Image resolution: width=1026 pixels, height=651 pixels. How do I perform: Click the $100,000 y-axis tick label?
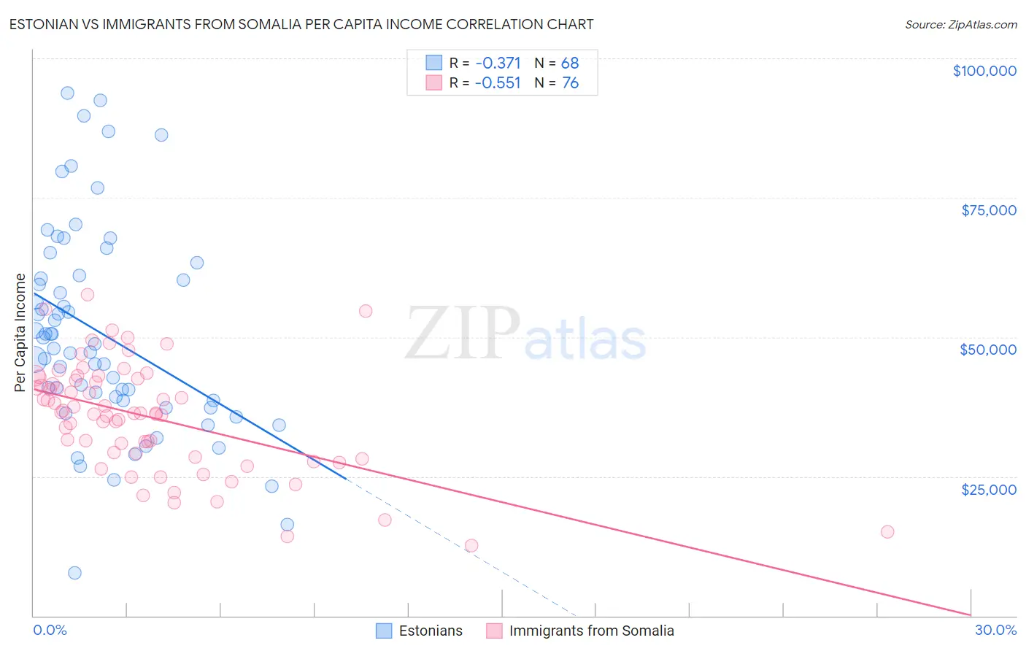click(x=984, y=71)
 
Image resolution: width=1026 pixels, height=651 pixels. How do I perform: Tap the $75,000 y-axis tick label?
click(x=988, y=210)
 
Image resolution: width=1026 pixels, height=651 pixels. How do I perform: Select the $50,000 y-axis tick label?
click(x=987, y=350)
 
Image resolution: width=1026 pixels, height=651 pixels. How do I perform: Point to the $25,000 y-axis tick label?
click(x=988, y=489)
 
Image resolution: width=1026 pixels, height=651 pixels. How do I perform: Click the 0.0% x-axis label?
click(x=50, y=630)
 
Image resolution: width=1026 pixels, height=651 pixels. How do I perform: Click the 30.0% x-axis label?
click(x=995, y=630)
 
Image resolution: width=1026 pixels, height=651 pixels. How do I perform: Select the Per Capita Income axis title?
click(x=20, y=332)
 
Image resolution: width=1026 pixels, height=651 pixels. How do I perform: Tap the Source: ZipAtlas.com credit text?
click(x=960, y=24)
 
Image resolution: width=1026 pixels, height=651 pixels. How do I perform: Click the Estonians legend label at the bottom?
click(x=431, y=631)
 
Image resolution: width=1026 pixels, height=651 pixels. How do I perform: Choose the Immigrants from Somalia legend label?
click(x=591, y=631)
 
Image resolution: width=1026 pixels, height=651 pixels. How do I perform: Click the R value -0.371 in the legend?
click(x=498, y=63)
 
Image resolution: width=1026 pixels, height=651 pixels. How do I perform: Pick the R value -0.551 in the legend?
click(x=498, y=83)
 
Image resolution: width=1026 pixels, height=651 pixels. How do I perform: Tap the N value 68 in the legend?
click(x=570, y=63)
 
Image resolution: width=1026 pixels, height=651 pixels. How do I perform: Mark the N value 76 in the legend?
click(x=570, y=83)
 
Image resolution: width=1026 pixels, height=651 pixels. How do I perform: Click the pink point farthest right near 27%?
click(x=887, y=531)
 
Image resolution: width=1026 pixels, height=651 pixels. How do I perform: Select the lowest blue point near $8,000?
click(x=74, y=573)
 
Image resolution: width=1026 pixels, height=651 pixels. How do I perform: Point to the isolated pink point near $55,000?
click(x=366, y=311)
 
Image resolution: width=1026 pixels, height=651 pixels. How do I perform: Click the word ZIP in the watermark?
click(x=463, y=334)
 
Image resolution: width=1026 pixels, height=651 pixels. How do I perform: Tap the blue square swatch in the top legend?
click(x=434, y=63)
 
